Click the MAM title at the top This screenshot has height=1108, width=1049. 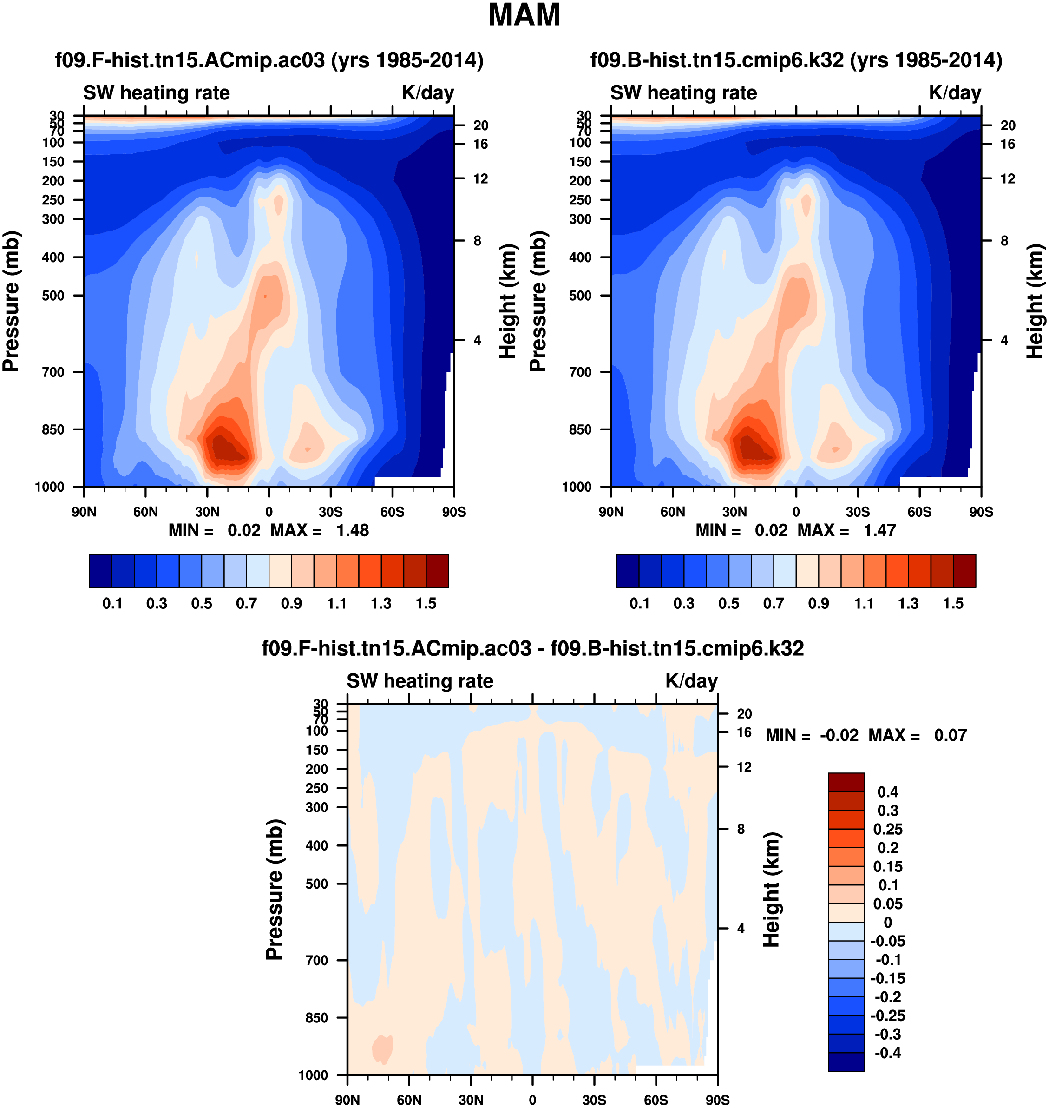click(x=524, y=15)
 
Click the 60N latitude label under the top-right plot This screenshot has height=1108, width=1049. click(x=672, y=512)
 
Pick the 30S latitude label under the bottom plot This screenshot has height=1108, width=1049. click(x=594, y=1100)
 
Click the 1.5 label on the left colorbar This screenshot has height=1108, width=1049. click(x=426, y=604)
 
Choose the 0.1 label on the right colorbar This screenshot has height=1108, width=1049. click(x=640, y=604)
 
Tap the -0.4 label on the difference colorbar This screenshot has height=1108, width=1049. click(x=887, y=1053)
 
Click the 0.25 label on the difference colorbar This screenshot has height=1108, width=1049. click(x=887, y=830)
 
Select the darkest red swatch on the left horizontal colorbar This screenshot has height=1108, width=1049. click(x=437, y=571)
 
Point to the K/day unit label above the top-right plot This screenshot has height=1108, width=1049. click(x=955, y=93)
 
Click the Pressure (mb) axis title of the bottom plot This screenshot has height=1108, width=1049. click(x=275, y=889)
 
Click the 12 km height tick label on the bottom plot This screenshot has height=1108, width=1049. click(x=744, y=767)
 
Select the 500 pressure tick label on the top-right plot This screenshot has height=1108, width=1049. click(x=580, y=295)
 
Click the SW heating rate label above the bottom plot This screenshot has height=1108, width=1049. click(x=420, y=681)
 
